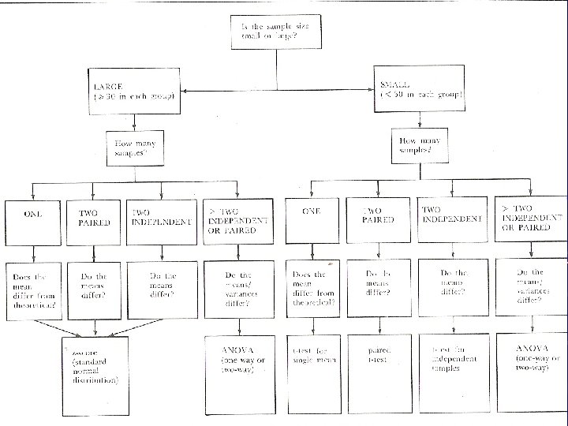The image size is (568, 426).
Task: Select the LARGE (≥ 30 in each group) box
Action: tap(135, 92)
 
